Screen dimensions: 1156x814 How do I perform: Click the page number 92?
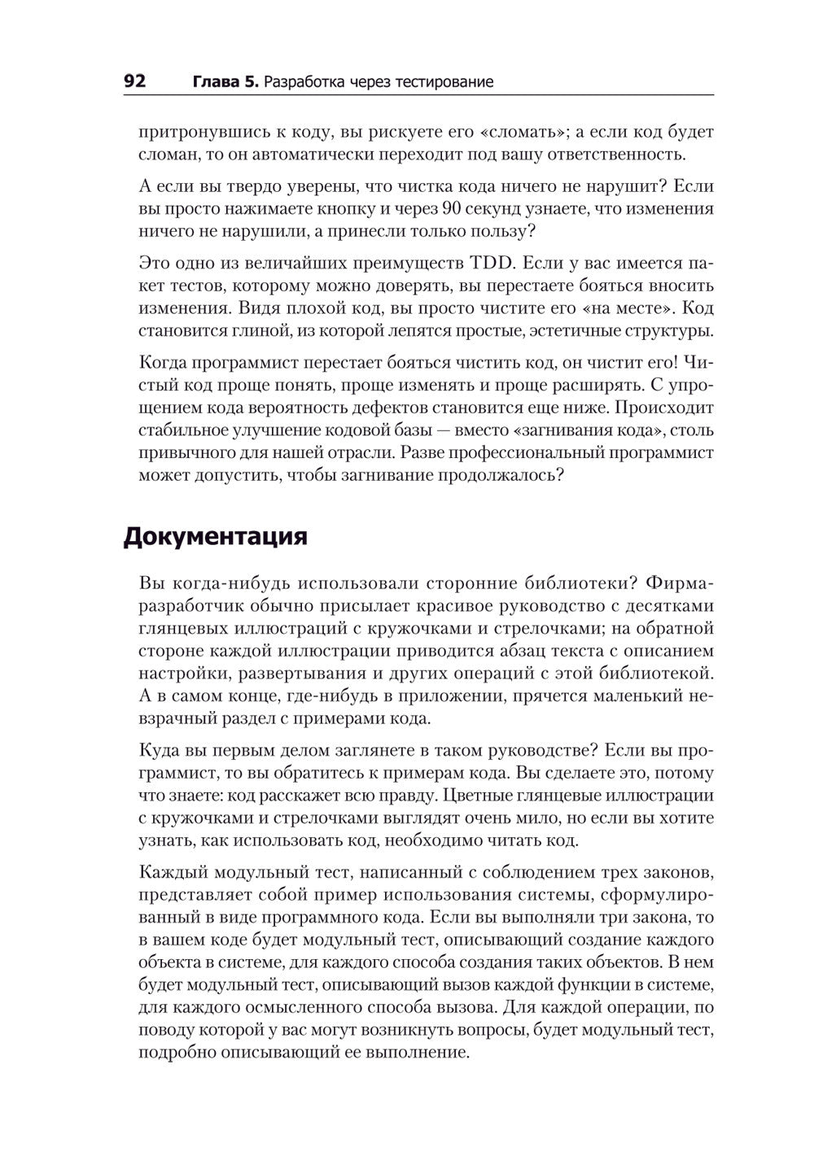point(134,81)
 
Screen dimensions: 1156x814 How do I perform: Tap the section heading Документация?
point(215,538)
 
